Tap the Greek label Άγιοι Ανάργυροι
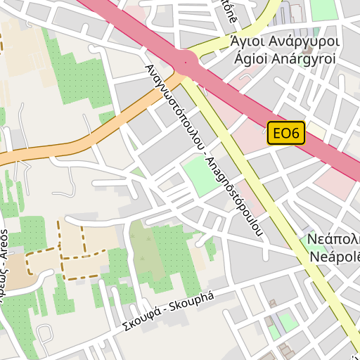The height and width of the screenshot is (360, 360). pyautogui.click(x=285, y=42)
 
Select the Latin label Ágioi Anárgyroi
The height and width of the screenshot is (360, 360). pyautogui.click(x=285, y=59)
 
